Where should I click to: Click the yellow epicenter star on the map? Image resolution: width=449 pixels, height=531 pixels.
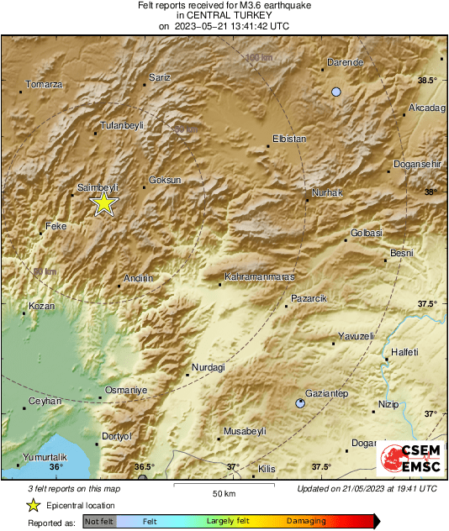click(x=103, y=202)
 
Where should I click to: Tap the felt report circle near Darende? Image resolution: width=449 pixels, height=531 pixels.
click(x=336, y=92)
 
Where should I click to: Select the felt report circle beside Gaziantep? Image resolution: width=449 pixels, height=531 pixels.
click(x=301, y=404)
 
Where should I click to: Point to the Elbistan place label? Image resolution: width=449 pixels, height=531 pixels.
click(x=289, y=139)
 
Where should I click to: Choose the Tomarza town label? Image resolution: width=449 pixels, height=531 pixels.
click(x=45, y=84)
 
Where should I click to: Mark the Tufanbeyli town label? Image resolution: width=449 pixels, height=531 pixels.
click(x=122, y=125)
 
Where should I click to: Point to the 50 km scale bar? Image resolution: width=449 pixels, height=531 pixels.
click(x=223, y=486)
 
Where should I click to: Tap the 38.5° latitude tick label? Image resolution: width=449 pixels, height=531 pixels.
click(x=428, y=81)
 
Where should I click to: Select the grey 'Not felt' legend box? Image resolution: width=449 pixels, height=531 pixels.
click(x=100, y=522)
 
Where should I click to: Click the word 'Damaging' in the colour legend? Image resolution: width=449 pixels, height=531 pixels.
click(x=306, y=522)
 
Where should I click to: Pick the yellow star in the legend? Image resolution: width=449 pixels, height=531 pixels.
click(x=33, y=505)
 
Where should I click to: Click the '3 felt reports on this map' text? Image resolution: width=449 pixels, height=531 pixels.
click(x=75, y=488)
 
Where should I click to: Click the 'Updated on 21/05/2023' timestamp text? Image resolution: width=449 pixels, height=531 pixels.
click(x=367, y=488)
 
